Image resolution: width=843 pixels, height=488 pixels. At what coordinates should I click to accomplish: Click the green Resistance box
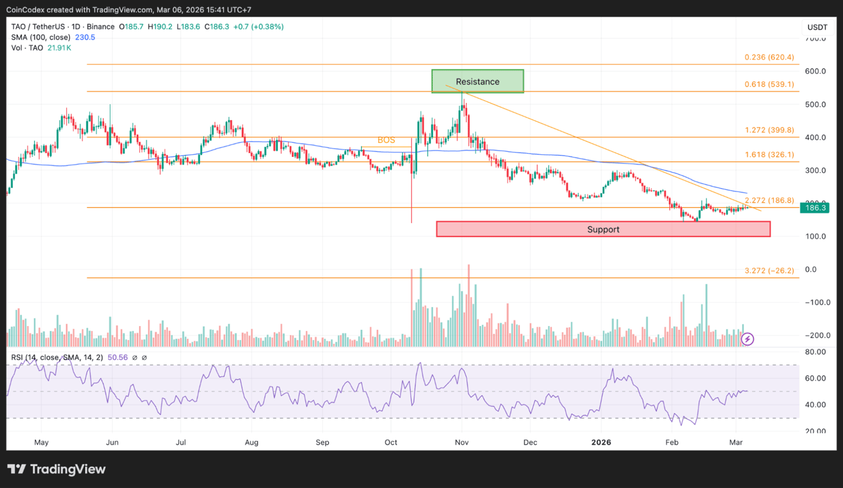click(477, 81)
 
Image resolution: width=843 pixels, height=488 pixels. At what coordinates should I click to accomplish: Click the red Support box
click(603, 229)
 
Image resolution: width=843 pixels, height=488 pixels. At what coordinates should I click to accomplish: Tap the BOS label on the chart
click(387, 140)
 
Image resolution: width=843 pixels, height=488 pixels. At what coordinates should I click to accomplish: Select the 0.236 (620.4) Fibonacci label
click(769, 57)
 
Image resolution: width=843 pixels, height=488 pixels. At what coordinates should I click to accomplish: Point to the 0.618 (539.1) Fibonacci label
click(769, 84)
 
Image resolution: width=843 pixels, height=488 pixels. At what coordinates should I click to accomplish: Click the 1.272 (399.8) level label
click(769, 130)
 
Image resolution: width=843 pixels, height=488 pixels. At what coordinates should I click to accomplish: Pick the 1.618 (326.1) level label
click(769, 154)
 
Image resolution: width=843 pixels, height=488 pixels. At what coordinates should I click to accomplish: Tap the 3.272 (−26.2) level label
click(769, 271)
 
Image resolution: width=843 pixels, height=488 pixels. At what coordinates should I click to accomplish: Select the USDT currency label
click(817, 27)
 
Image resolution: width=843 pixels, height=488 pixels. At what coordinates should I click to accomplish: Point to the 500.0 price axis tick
click(816, 104)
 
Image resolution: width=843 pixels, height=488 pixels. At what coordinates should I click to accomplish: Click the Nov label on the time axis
click(462, 442)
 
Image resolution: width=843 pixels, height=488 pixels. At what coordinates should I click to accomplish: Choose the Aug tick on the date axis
click(252, 442)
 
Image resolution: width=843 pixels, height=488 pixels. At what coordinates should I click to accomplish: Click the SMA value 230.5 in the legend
click(85, 37)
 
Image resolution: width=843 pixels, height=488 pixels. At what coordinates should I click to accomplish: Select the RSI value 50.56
click(117, 358)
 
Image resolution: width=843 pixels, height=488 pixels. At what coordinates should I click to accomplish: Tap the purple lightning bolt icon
click(748, 339)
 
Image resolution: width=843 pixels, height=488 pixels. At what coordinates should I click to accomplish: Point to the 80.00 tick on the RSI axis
click(816, 351)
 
